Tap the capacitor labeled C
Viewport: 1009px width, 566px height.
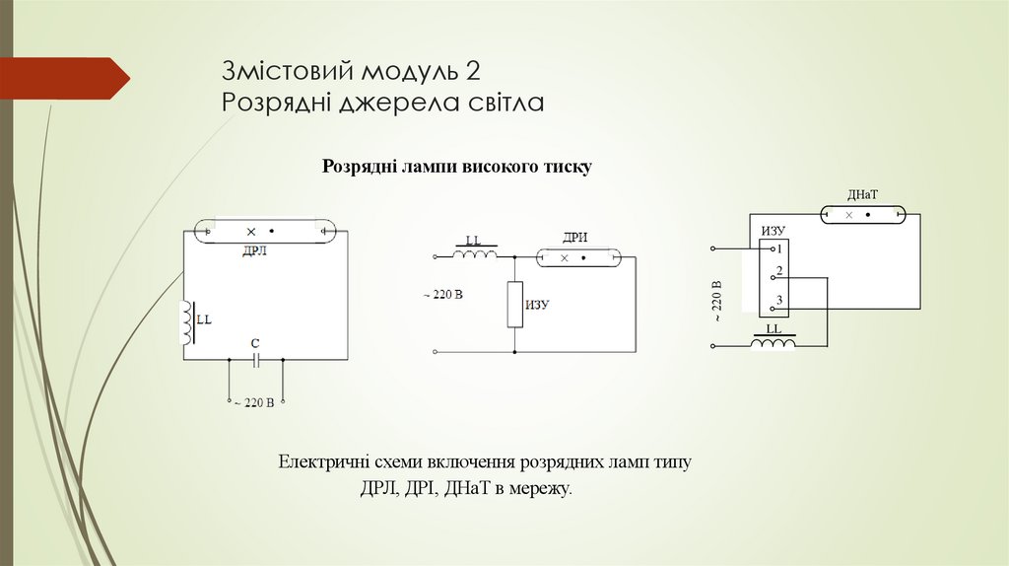255,360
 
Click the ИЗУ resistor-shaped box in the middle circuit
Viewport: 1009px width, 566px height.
514,305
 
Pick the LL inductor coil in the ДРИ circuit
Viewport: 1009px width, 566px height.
475,255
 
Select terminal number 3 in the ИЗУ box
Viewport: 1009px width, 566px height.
778,301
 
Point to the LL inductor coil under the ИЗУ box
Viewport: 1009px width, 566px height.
774,343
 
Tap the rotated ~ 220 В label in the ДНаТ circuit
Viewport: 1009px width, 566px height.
717,302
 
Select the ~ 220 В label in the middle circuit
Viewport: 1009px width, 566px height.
442,295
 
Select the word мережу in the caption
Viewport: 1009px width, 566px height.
540,488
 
